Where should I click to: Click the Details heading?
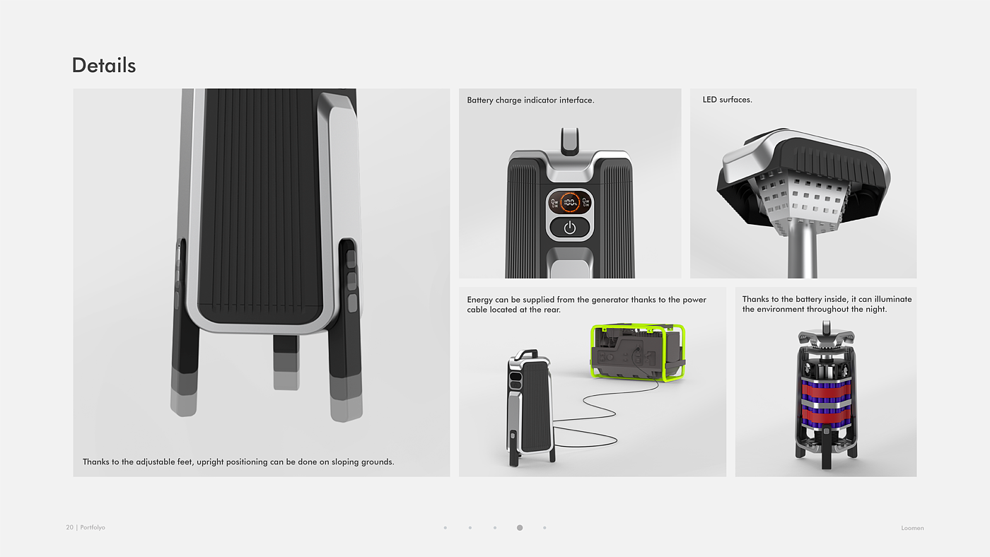coord(104,65)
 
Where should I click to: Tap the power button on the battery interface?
coord(570,228)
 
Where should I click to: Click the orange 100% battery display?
coord(570,202)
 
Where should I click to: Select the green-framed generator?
coord(638,352)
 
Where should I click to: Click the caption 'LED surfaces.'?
coord(727,100)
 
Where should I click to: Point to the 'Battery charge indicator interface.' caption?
coord(530,100)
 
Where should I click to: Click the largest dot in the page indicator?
coord(520,527)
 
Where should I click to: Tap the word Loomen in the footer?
coord(912,528)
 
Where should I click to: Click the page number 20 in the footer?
coord(69,527)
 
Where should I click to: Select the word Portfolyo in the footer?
coord(93,527)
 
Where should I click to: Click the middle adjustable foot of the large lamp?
coord(286,363)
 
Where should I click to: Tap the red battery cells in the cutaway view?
coord(826,402)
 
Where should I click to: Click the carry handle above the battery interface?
coord(570,141)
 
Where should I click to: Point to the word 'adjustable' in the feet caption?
coord(155,462)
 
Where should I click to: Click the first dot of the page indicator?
coord(445,527)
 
